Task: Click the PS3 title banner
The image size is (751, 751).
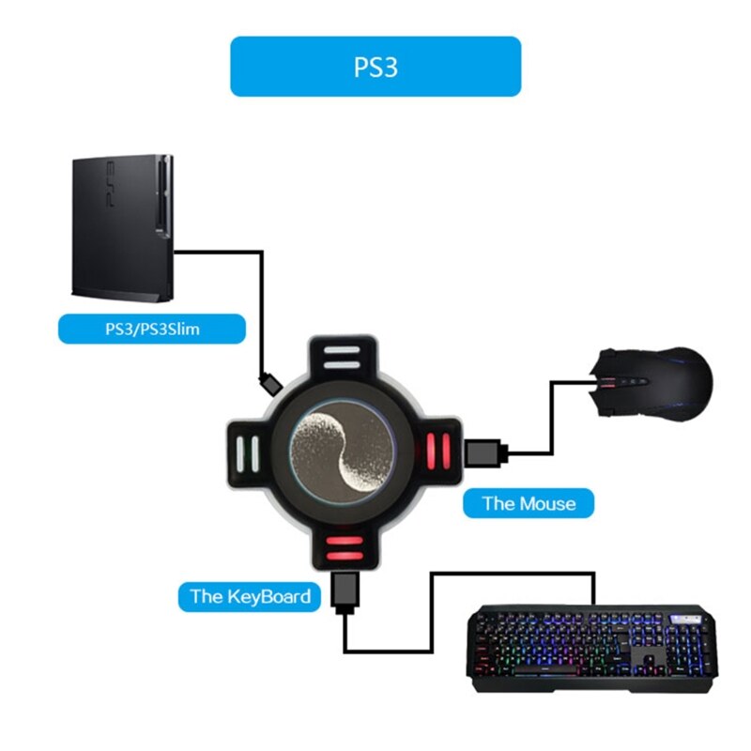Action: click(375, 67)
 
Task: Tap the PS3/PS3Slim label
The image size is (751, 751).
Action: click(151, 330)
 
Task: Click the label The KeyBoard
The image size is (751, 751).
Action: click(250, 595)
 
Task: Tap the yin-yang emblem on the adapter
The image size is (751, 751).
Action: click(339, 451)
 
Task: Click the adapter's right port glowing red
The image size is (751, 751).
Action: click(437, 451)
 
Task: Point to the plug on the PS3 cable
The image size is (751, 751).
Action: click(269, 384)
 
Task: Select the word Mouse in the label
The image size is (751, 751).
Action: click(547, 503)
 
